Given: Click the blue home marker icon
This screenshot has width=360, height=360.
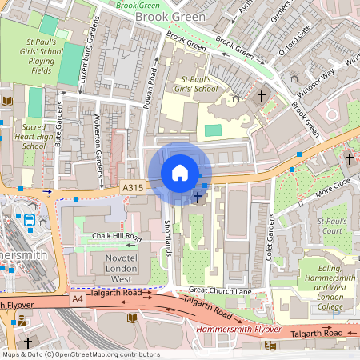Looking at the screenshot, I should [180, 173].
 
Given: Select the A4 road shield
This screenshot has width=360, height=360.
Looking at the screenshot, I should [77, 298].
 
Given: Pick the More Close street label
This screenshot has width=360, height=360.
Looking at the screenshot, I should [333, 188].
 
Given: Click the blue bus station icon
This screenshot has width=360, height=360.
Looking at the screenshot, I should [29, 220].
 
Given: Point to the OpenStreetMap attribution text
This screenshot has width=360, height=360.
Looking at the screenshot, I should [80, 354].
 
